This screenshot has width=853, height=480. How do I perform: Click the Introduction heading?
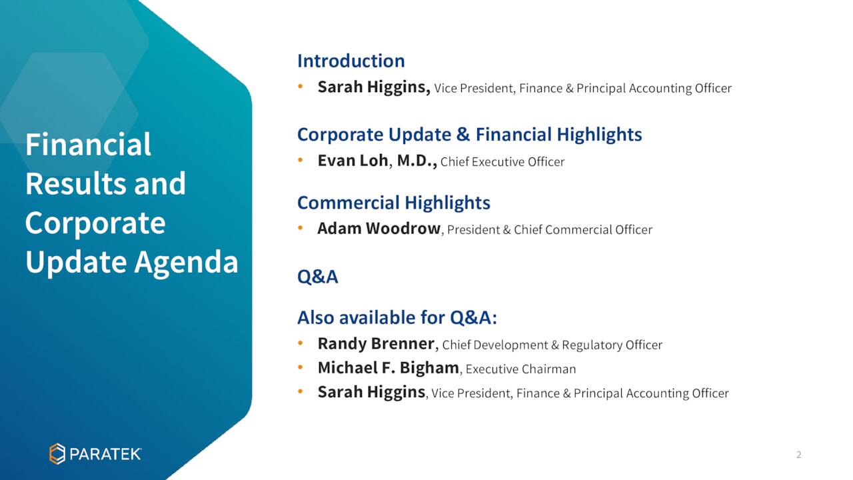point(351,61)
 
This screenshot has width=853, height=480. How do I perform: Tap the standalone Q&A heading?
point(318,277)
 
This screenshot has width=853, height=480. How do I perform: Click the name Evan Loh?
point(353,161)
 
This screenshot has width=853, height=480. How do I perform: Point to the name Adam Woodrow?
point(379,229)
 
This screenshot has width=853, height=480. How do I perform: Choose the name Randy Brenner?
point(376,343)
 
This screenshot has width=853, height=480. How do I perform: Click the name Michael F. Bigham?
point(389,368)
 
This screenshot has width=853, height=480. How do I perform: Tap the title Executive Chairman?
point(520,369)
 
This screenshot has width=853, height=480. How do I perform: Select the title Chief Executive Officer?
point(502,162)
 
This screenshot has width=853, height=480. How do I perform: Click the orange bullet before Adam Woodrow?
point(301,228)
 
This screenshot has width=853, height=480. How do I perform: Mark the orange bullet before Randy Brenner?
point(301,343)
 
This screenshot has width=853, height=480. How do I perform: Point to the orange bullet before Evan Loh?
point(301,161)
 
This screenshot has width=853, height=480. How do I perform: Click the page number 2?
point(798,455)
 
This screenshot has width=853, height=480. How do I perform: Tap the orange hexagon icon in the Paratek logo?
point(57,454)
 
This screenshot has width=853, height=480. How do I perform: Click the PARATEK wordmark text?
point(105,454)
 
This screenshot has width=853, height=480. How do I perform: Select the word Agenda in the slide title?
point(186,263)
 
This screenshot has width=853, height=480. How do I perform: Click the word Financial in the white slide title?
point(89,145)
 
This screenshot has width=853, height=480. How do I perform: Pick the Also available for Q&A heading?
point(397,318)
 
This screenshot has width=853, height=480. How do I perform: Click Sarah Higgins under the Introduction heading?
point(374,87)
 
